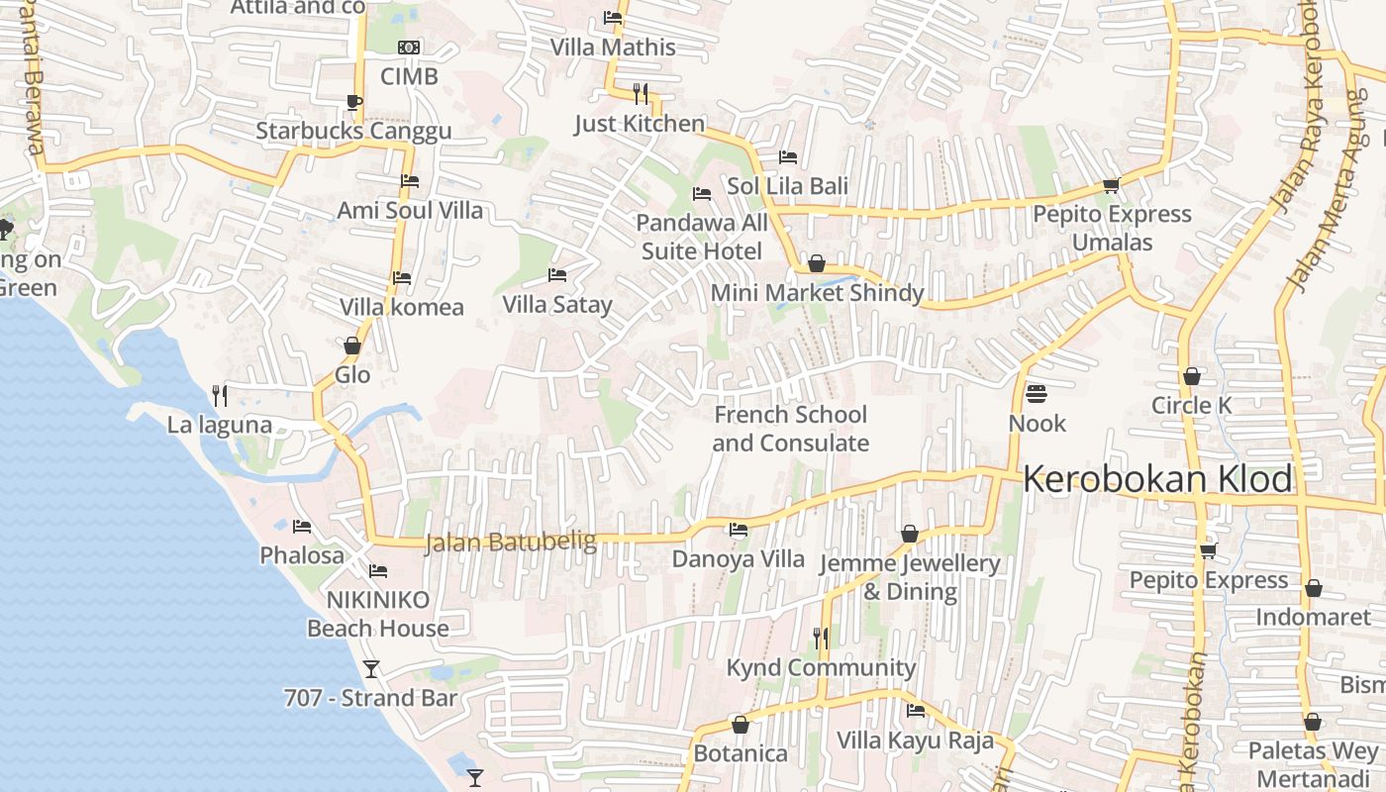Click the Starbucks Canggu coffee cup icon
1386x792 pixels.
(x=353, y=102)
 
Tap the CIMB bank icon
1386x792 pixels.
(x=409, y=48)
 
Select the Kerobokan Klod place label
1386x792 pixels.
(x=1157, y=479)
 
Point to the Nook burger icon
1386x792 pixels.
(x=1037, y=394)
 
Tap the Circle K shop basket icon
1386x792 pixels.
(x=1192, y=376)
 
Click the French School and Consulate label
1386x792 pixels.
(x=790, y=429)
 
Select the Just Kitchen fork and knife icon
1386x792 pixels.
(x=641, y=94)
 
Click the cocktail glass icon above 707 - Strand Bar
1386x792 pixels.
(x=371, y=669)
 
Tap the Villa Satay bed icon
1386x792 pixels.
(x=557, y=275)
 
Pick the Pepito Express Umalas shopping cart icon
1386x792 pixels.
(x=1112, y=185)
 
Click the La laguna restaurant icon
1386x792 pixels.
(x=220, y=396)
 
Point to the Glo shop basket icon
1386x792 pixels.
(x=351, y=346)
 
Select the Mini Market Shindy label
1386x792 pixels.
(x=817, y=293)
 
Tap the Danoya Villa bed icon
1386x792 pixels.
(x=739, y=530)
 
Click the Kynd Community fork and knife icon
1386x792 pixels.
(x=821, y=639)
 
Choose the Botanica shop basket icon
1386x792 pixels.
(x=740, y=725)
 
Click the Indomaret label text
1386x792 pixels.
(x=1313, y=618)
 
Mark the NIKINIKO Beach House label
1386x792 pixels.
(x=378, y=614)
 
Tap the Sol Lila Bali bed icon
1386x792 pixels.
(x=788, y=156)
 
